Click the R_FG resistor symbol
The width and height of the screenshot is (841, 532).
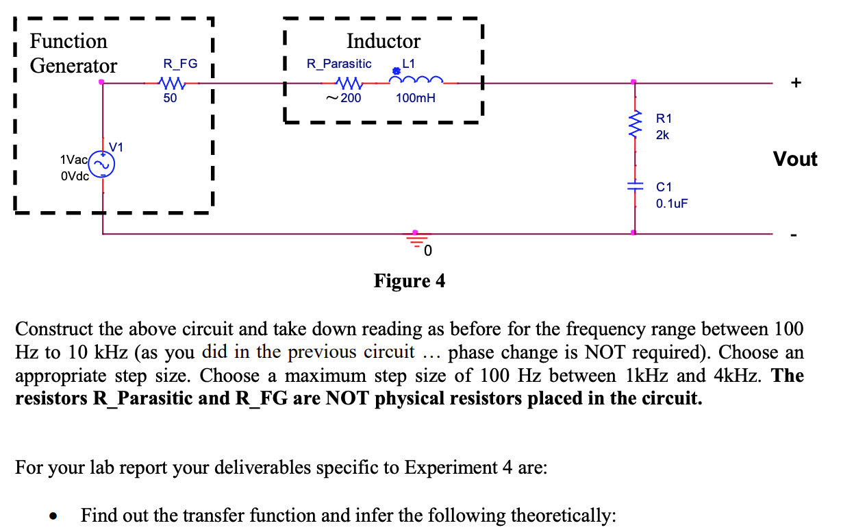click(170, 83)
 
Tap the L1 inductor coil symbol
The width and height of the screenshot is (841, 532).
click(415, 82)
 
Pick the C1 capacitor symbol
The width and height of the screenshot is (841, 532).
click(634, 186)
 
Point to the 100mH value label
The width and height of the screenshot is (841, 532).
click(415, 98)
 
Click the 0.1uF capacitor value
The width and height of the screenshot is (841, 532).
click(670, 204)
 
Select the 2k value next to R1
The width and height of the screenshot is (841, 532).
click(662, 135)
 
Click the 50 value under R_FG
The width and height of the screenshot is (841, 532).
click(170, 98)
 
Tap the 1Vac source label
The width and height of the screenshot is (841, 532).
click(73, 159)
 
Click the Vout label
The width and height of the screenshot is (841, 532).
click(795, 159)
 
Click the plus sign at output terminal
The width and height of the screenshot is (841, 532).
click(795, 84)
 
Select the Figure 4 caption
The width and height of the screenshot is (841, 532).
click(409, 281)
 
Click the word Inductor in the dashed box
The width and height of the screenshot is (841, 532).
click(384, 41)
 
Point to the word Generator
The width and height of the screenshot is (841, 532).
click(74, 66)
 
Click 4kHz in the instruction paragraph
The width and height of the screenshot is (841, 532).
click(740, 376)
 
